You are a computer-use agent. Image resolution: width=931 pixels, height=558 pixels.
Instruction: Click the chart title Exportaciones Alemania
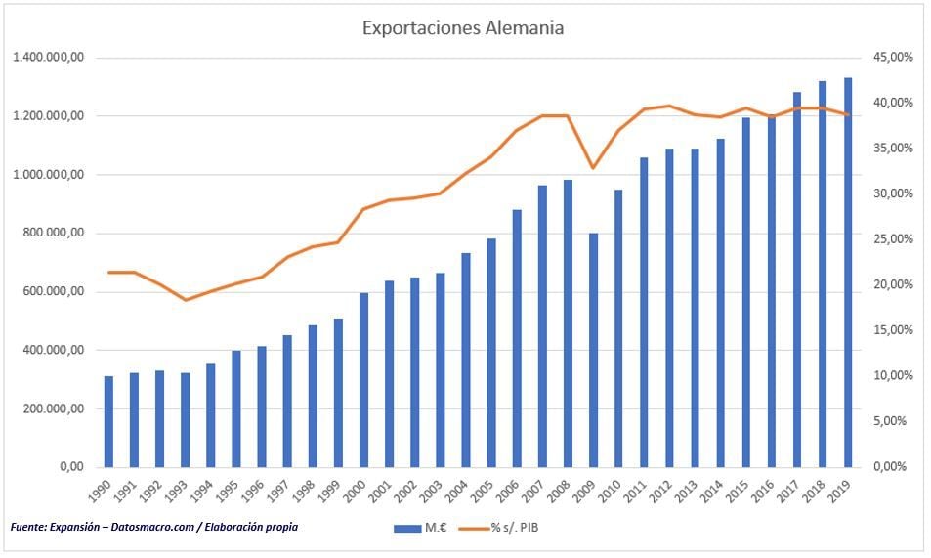[x=462, y=27]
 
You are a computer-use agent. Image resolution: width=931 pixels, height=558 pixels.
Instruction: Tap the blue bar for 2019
[x=848, y=272]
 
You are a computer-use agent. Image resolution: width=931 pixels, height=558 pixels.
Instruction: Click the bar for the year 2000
[x=363, y=379]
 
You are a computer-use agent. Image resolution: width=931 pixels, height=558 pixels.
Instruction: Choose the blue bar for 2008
[x=568, y=322]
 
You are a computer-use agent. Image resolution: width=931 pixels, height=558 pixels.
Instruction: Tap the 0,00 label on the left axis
[x=70, y=467]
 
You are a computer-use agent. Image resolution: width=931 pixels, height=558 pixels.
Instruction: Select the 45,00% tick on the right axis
[x=892, y=58]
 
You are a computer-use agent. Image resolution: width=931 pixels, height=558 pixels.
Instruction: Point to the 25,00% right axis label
[x=892, y=239]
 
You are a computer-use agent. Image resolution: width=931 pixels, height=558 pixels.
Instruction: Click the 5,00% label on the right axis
[x=892, y=421]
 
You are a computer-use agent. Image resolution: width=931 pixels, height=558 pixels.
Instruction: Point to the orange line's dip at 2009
[x=593, y=168]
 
